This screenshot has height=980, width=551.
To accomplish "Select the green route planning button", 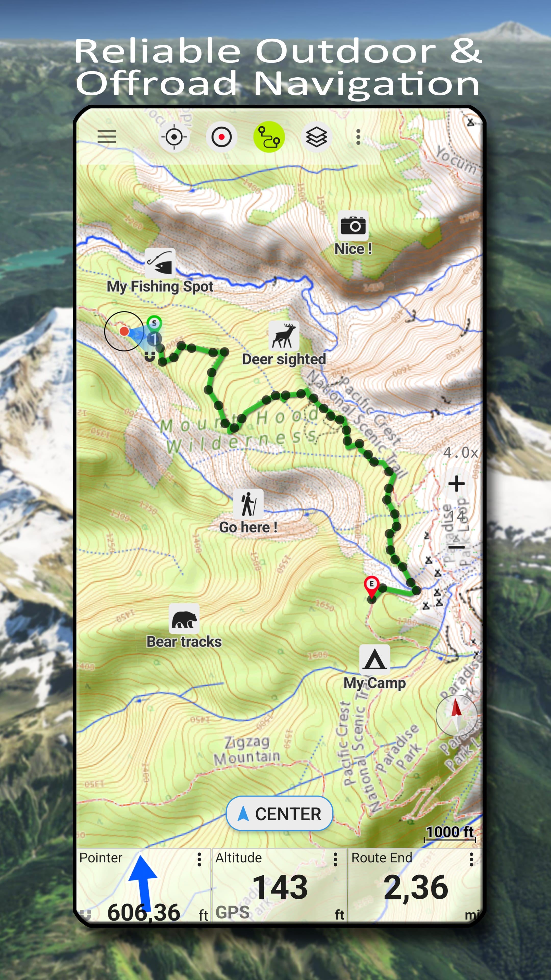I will [269, 137].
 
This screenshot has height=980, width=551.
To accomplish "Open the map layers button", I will [316, 137].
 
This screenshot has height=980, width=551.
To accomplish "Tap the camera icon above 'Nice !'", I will [353, 226].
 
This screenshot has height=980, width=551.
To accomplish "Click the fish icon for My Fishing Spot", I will [160, 263].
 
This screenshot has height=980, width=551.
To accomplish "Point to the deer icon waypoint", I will [284, 336].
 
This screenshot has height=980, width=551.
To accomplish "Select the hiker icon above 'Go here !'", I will [248, 504].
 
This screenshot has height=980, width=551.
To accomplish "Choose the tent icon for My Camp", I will [374, 659].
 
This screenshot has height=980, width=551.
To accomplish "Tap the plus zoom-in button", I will [456, 484].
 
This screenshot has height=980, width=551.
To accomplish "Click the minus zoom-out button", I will [456, 547].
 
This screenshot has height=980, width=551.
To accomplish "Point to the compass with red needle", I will [456, 715].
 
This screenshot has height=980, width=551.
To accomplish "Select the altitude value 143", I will [280, 887].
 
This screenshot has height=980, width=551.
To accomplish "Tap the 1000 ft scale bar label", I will [449, 832].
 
